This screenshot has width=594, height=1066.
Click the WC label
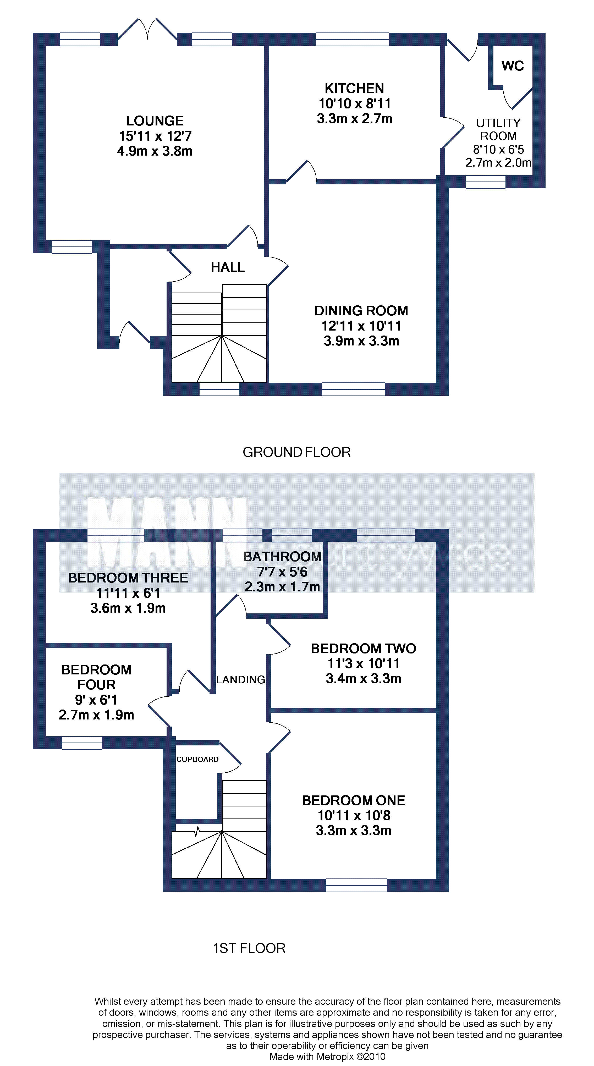[513, 66]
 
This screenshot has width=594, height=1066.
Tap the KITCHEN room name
[354, 88]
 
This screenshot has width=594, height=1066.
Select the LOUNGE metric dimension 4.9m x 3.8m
[155, 151]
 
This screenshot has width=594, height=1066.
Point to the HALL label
[228, 267]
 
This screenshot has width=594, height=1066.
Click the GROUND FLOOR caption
[296, 452]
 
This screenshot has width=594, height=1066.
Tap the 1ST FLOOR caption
[249, 948]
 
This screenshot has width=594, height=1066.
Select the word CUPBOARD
[197, 759]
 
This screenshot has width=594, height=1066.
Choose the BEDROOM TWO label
[364, 649]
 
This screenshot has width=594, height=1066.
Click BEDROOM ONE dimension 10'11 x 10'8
[354, 815]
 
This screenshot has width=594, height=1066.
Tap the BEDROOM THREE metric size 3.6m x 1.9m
[128, 608]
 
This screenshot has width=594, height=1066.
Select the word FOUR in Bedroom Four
[96, 685]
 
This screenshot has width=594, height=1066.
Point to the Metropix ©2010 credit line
[327, 1057]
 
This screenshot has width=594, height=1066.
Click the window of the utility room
[485, 182]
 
